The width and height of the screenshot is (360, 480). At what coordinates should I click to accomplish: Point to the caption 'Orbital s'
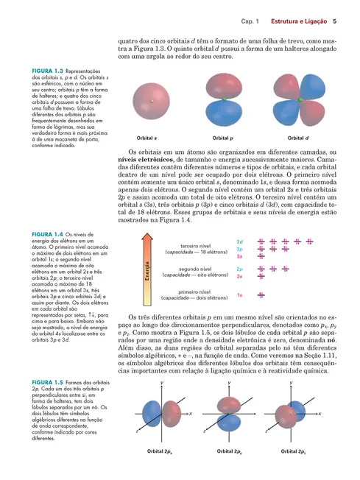click(147, 138)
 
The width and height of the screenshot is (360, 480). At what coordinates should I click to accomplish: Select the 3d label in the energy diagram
click(240, 241)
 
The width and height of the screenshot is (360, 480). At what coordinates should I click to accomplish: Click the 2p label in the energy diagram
click(240, 269)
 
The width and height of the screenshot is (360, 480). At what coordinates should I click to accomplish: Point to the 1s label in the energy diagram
click(240, 295)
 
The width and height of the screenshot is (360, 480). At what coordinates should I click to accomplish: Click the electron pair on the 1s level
click(261, 295)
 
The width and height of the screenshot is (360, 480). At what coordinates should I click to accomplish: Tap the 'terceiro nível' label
click(194, 246)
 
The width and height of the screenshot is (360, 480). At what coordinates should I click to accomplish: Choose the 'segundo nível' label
click(194, 269)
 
